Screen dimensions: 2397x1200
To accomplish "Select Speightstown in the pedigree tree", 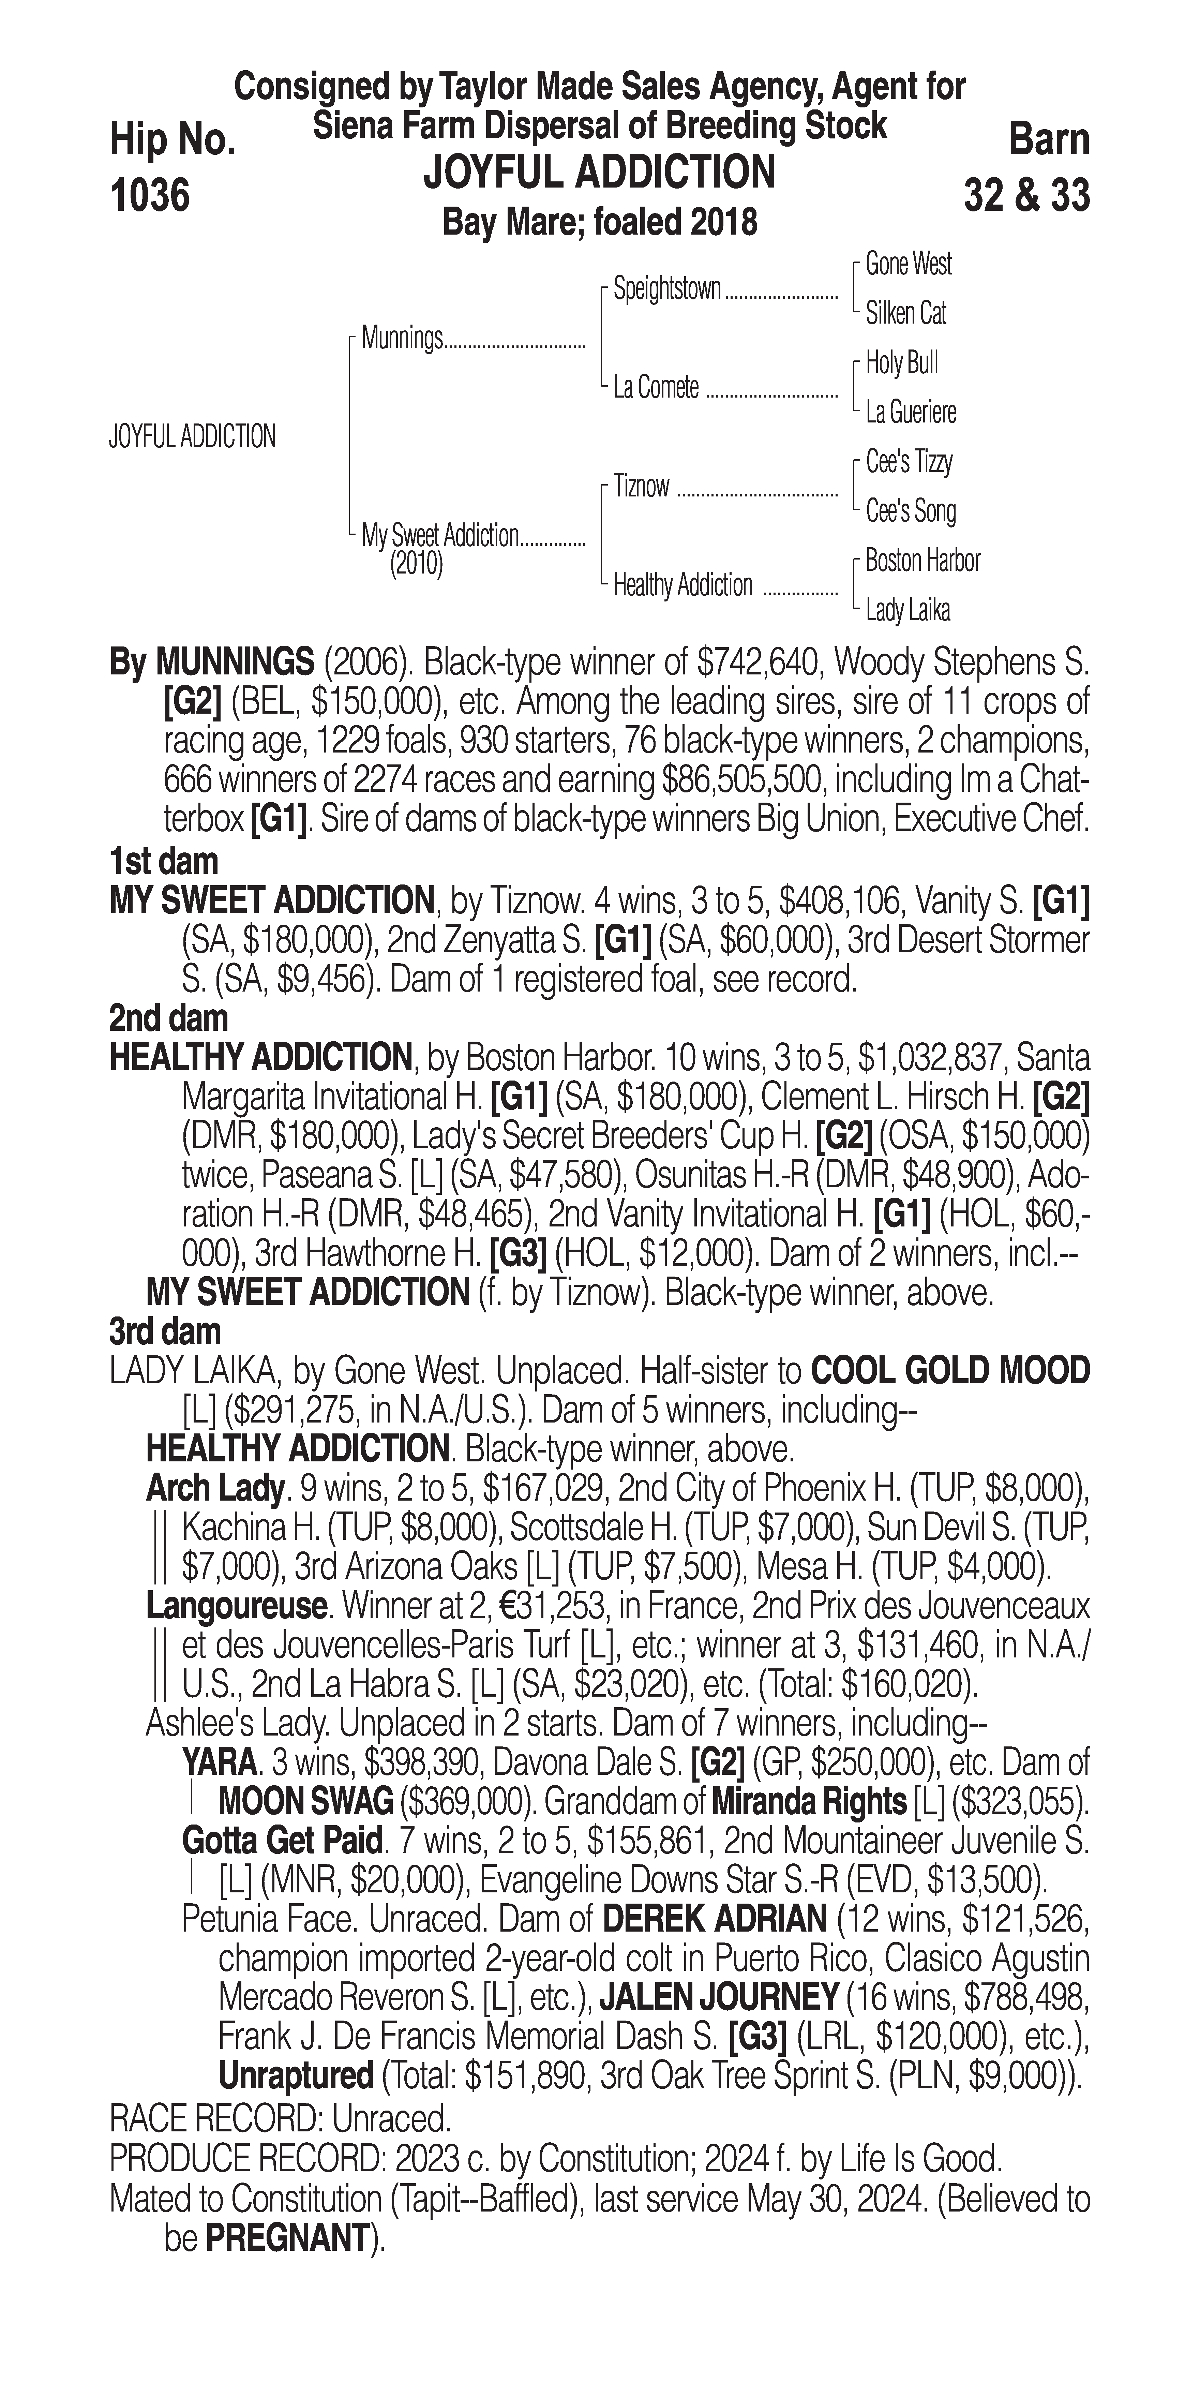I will (x=667, y=289).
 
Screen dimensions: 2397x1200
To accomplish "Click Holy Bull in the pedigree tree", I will (x=901, y=363).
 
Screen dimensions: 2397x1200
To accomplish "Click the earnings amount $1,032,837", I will (x=932, y=1058).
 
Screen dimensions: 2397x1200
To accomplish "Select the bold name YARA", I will (x=219, y=1762).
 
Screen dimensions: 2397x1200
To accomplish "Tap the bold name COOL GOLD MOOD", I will (x=950, y=1371).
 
